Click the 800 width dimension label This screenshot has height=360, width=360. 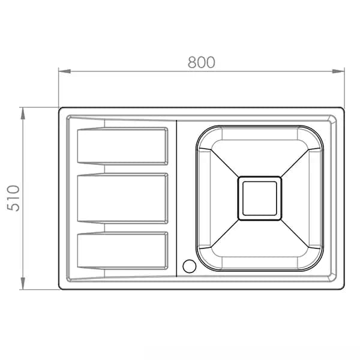[202, 62]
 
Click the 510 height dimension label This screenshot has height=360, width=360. [13, 198]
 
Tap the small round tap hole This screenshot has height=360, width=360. [190, 266]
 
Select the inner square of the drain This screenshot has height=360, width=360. [260, 199]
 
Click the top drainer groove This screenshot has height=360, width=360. [122, 146]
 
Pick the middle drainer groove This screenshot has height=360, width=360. [122, 199]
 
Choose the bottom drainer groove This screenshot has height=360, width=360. [122, 250]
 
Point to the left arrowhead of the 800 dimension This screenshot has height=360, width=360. [65, 71]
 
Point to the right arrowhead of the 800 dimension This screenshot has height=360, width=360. [338, 71]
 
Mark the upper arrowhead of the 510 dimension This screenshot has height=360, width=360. [23, 113]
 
